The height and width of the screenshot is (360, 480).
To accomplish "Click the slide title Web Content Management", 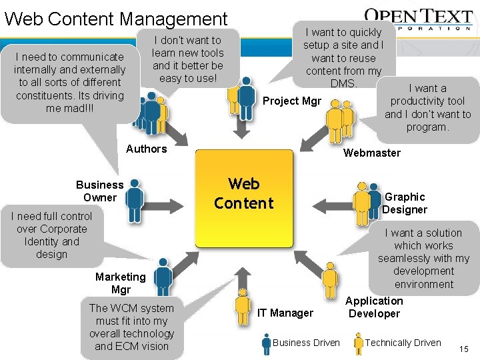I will point(116,19).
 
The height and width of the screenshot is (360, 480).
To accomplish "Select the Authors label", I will point(146,149).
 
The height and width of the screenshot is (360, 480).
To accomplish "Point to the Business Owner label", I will point(99,191).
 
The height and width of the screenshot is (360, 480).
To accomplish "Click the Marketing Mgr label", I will point(120,283).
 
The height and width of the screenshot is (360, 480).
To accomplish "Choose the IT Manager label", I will point(286,313).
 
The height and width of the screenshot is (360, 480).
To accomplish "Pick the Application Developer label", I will point(374,307).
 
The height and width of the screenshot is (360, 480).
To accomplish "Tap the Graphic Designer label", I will point(404,203).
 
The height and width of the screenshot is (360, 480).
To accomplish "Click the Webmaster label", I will point(371,153).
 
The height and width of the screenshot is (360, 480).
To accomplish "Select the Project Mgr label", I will point(292,101).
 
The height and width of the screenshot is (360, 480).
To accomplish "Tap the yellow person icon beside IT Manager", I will point(244,305).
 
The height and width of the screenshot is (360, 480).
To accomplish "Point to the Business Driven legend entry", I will point(306,343).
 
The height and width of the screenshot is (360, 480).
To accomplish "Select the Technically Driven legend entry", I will point(403,343).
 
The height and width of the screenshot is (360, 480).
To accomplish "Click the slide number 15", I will point(464,349).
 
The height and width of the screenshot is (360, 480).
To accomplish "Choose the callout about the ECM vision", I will point(131,327).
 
